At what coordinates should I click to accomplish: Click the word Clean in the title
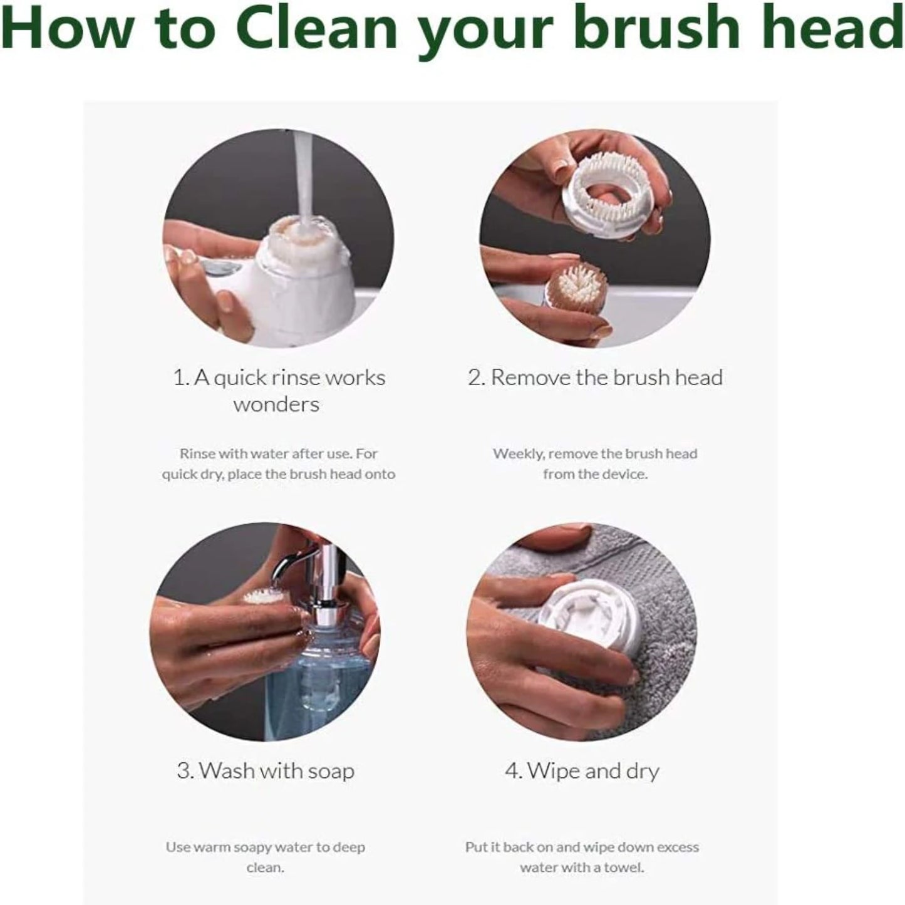[x=316, y=29]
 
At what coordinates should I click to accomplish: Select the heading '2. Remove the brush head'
[x=595, y=378]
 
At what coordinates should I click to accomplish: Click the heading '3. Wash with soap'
[x=266, y=770]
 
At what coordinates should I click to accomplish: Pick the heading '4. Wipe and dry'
[x=582, y=770]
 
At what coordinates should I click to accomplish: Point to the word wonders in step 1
[x=276, y=405]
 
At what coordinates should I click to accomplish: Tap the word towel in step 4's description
[x=623, y=867]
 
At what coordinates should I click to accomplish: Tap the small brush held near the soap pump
[x=263, y=597]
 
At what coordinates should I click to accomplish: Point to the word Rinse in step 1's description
[x=197, y=453]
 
